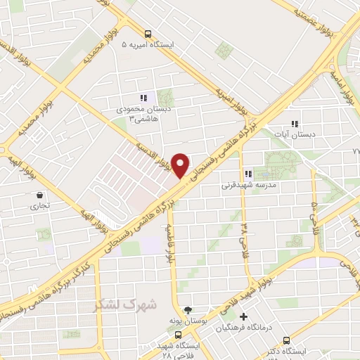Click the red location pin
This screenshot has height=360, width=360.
click(181, 165)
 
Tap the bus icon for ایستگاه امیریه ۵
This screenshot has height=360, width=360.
click(148, 33)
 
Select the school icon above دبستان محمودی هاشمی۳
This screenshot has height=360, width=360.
click(143, 98)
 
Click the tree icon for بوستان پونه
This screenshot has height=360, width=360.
click(188, 310)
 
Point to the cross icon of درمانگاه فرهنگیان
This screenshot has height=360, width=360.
click(244, 317)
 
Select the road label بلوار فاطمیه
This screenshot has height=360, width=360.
click(169, 242)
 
